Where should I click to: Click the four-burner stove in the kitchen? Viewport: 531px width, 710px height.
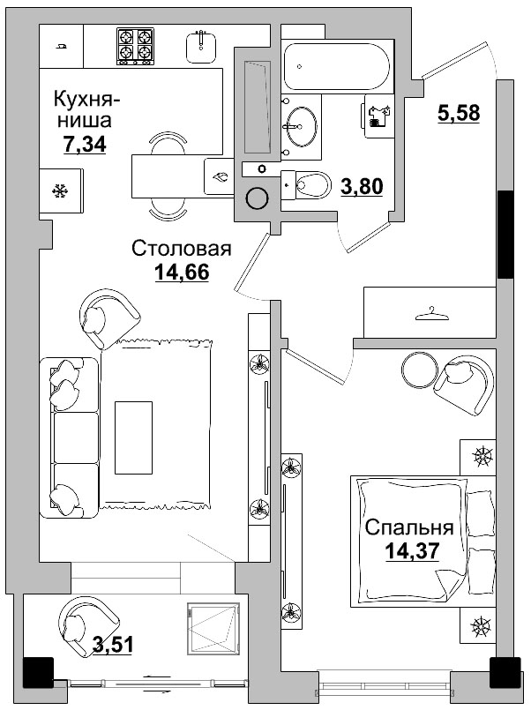coord(137,45)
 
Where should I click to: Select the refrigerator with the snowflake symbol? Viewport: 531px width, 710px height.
coord(62,191)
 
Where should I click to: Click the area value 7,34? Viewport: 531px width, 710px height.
coord(85,145)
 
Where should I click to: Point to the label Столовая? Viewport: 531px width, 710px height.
coord(181,249)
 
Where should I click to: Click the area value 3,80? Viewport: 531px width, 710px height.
coord(361,186)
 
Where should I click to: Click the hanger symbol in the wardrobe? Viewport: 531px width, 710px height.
coord(430,311)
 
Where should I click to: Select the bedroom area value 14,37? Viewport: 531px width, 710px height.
coord(412,551)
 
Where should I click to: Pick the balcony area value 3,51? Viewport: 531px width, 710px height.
coord(112,646)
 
